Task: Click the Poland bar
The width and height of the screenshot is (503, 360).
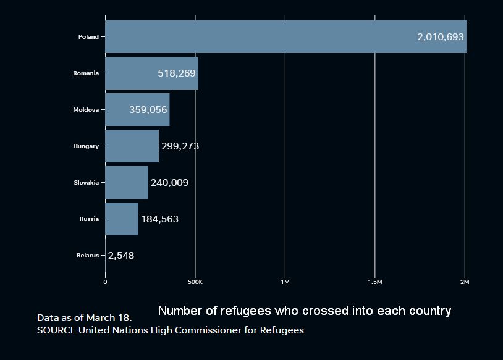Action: point(286,37)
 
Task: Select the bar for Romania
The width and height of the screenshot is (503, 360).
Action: point(152,73)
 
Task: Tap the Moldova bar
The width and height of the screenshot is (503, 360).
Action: point(137,110)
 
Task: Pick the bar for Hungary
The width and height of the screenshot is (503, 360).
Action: point(132,146)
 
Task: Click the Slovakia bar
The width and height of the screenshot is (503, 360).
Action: point(127,182)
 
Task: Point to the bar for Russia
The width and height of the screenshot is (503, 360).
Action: point(122,219)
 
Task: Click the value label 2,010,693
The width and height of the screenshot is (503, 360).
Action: point(441,37)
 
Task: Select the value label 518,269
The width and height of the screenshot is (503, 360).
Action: point(177,73)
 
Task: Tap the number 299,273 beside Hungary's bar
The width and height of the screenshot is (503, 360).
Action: point(180,146)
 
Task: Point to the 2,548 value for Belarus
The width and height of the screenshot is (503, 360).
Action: point(121,256)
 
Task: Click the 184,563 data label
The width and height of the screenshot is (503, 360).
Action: point(160,219)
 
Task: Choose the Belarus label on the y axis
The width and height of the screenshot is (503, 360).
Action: point(88,256)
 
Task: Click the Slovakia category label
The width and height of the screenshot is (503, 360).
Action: point(87,183)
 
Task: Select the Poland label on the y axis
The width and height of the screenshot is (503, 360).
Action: point(88,37)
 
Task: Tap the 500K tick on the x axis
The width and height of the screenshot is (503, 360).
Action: point(195,282)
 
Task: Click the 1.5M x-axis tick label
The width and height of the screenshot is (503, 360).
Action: point(375,282)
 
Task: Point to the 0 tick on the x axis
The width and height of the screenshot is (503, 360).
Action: point(105,282)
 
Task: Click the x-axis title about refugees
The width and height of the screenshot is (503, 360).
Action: point(305,311)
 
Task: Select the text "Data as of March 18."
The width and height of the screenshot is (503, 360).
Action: point(85,317)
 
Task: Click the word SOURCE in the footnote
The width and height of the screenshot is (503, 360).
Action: point(56,330)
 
